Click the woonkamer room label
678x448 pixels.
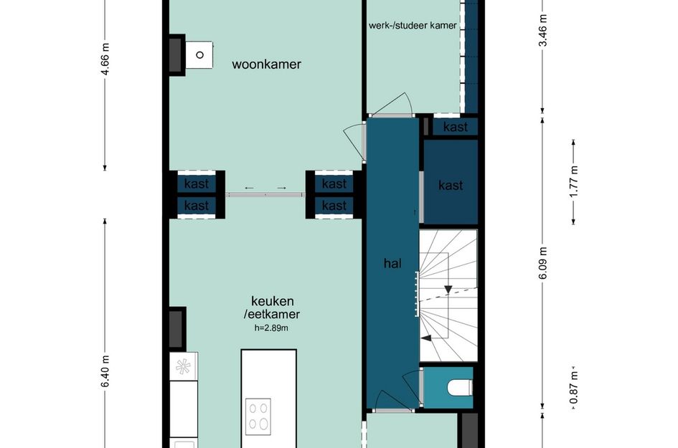(x=266, y=65)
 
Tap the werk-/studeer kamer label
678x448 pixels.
(x=413, y=26)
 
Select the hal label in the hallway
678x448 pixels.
(x=392, y=263)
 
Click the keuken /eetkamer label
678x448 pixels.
(x=272, y=308)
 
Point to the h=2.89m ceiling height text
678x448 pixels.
(x=271, y=328)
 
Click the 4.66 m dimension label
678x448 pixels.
(x=105, y=59)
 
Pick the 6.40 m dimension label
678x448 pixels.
(x=105, y=371)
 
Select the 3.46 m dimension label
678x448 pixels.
(x=544, y=30)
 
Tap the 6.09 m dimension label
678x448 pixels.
(x=544, y=262)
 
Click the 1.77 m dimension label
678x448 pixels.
(x=574, y=181)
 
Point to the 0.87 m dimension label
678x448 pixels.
(x=574, y=388)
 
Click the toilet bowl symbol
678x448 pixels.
(x=460, y=388)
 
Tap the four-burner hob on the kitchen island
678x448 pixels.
(x=258, y=416)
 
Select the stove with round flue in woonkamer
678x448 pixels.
(x=199, y=54)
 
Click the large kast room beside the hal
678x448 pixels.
(x=451, y=182)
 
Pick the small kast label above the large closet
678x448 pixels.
(x=456, y=127)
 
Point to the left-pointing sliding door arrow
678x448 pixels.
(x=250, y=188)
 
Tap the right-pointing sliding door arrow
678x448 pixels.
(x=281, y=188)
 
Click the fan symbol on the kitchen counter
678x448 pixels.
(x=184, y=366)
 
